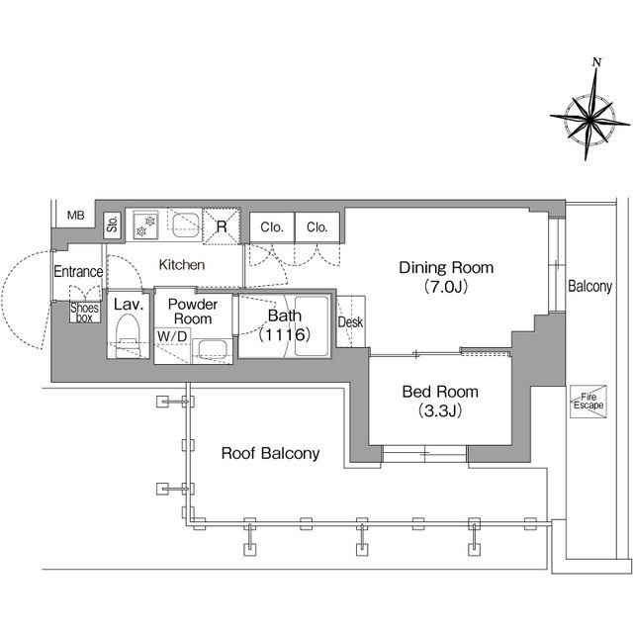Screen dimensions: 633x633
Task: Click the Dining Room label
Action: [446, 268]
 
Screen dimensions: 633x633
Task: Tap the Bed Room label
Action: [440, 392]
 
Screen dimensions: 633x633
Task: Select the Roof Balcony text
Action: [270, 453]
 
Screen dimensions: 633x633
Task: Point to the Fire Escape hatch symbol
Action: [588, 402]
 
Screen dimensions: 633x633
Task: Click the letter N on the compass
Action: [597, 62]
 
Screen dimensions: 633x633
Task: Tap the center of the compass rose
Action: [589, 120]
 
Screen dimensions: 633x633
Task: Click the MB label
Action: [76, 216]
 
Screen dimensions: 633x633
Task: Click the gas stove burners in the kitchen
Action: [145, 226]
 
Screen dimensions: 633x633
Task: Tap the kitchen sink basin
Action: [186, 225]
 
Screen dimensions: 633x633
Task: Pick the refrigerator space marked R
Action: [222, 226]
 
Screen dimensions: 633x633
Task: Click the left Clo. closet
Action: [272, 227]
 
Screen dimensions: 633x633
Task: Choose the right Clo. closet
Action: [317, 227]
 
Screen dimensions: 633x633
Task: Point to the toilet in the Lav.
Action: [128, 335]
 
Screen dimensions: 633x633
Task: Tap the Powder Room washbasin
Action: [212, 349]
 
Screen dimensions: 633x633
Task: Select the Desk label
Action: [350, 322]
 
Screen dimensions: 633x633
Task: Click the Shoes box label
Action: [84, 313]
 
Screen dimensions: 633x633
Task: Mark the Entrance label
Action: [78, 272]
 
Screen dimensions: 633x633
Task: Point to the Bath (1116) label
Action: [285, 325]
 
